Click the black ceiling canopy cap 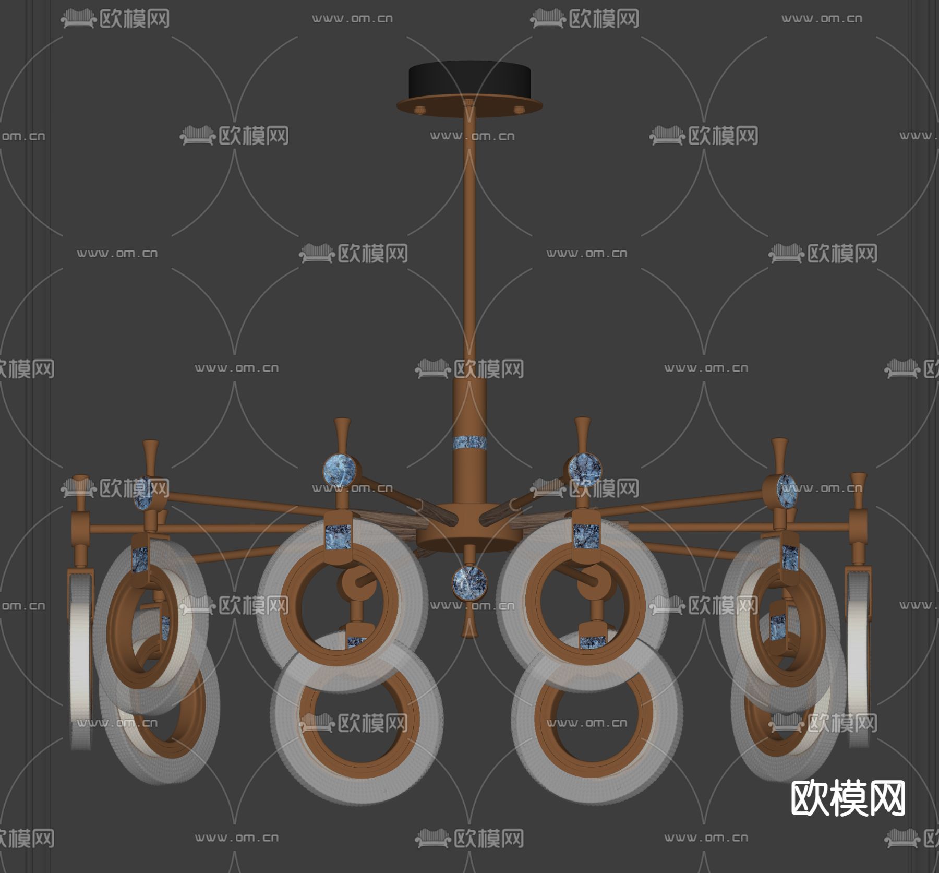point(469,79)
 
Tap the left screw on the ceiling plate point(420,110)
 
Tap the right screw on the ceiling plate point(519,110)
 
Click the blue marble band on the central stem point(469,443)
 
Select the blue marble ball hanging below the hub point(469,582)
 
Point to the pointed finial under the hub point(469,624)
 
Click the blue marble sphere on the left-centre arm point(340,471)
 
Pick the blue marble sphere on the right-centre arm point(584,468)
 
